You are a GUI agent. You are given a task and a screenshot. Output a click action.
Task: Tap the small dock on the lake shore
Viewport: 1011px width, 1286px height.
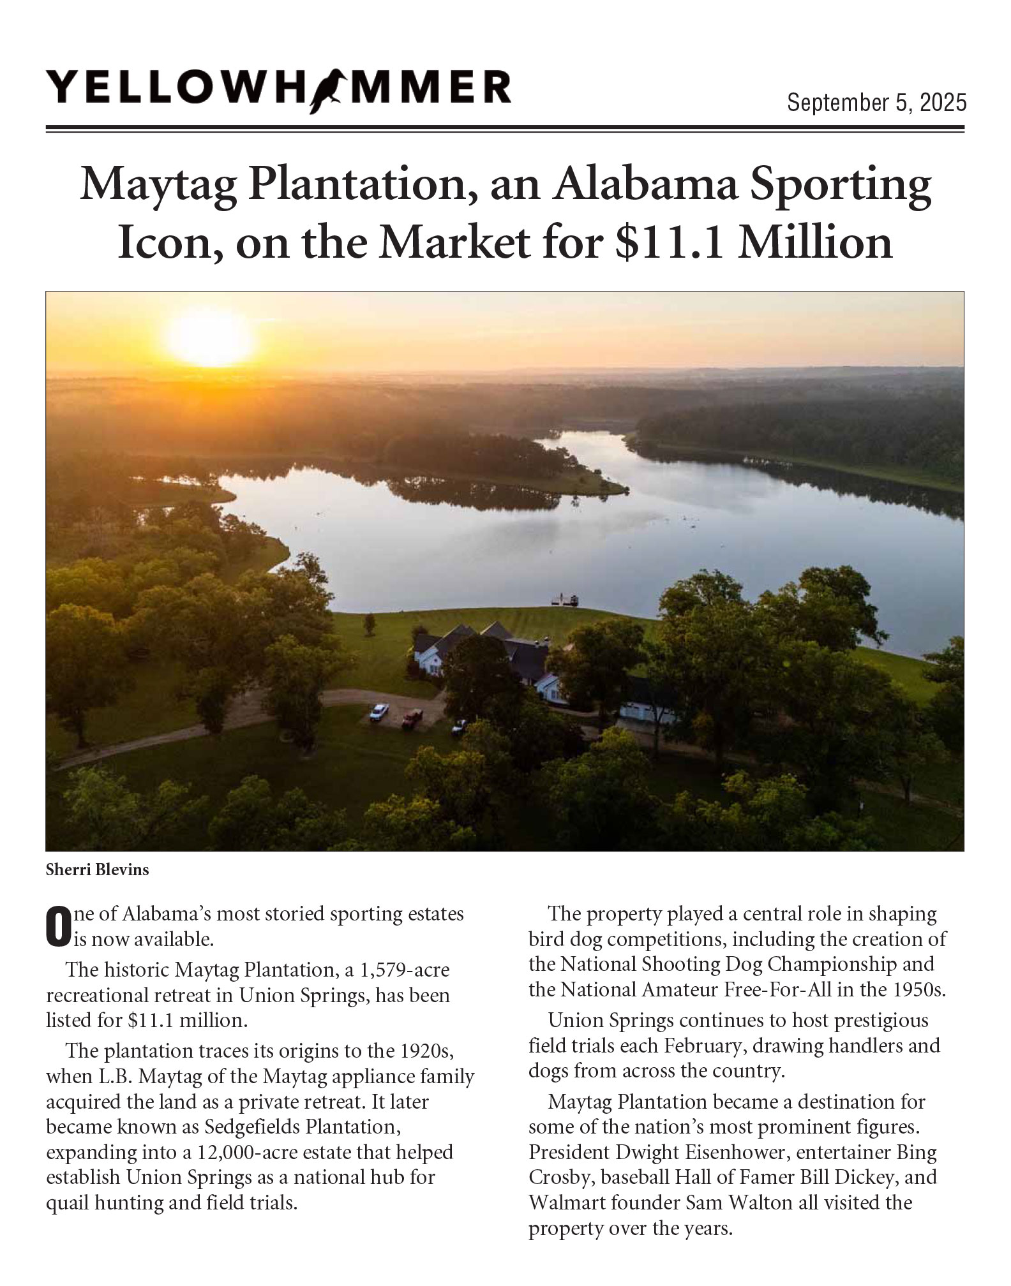(565, 599)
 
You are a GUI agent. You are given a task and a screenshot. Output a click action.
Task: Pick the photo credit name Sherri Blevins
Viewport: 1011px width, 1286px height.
(97, 869)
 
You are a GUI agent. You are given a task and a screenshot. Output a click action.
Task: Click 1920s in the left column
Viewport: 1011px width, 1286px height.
(423, 1051)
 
